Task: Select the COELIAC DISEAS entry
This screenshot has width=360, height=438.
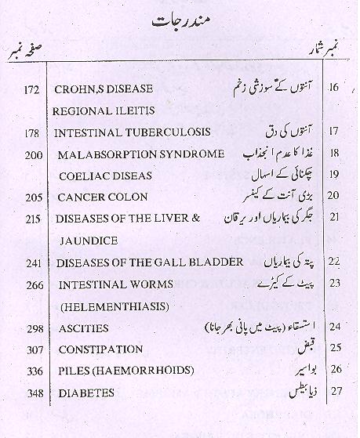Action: tap(104, 176)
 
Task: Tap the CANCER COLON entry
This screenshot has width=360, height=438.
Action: tap(104, 197)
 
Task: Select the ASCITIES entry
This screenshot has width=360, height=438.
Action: tap(83, 328)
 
